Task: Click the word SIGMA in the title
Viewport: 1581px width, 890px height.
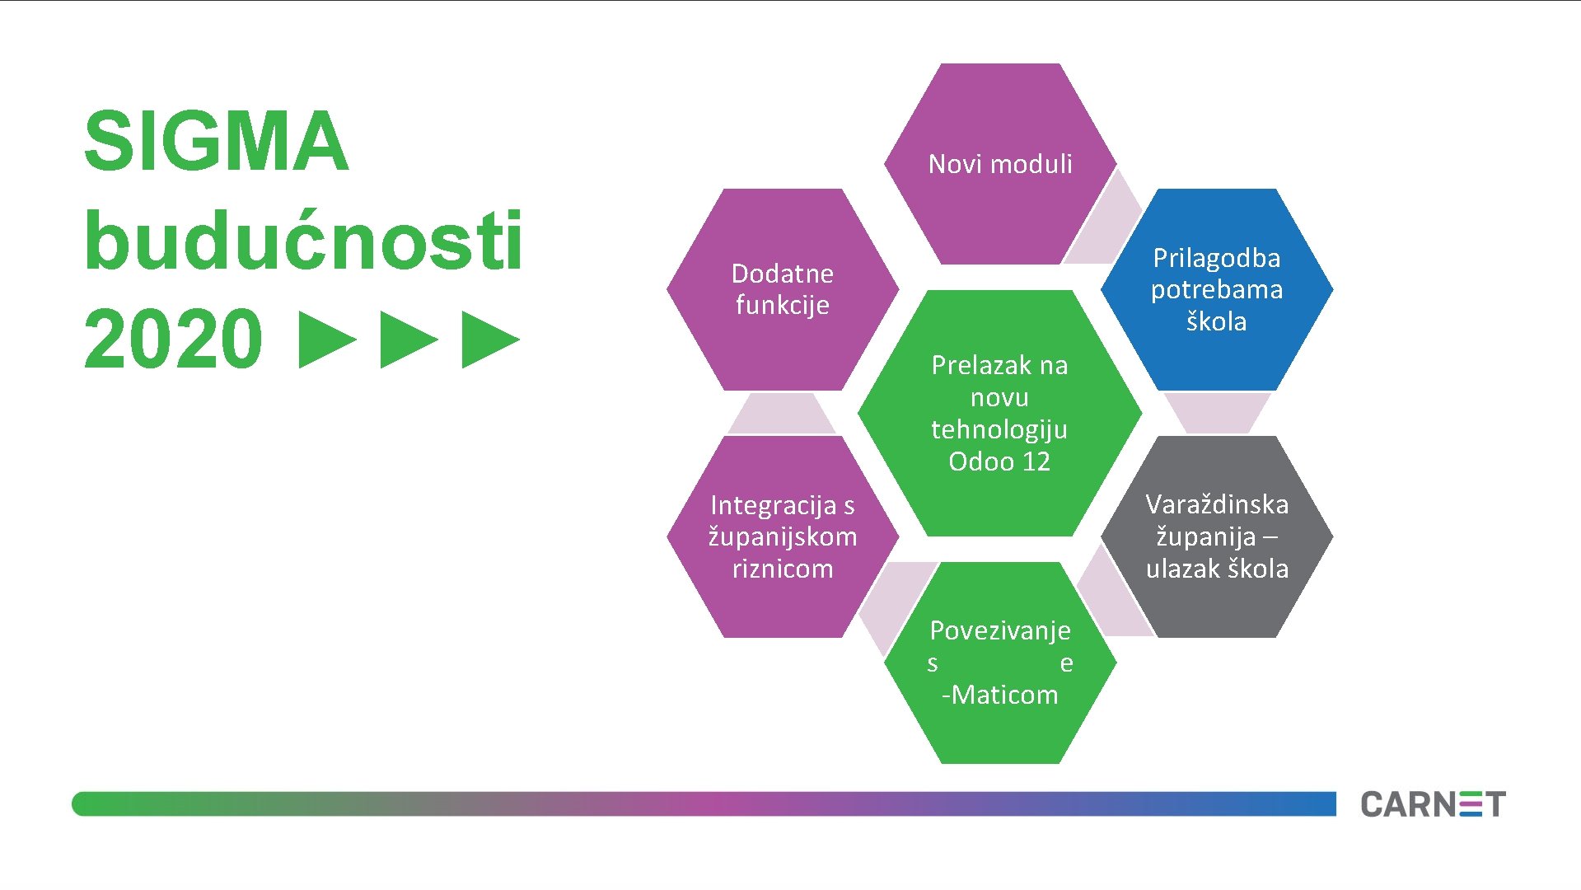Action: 216,142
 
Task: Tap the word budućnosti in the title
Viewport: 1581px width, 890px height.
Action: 303,241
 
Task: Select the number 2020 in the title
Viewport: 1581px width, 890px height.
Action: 173,339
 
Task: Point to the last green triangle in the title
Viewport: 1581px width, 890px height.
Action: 490,340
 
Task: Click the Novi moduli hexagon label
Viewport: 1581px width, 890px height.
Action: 1000,164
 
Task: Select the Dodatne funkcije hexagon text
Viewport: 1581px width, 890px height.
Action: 782,289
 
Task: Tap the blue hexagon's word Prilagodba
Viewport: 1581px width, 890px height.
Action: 1216,258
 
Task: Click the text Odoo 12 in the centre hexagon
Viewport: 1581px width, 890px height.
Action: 999,461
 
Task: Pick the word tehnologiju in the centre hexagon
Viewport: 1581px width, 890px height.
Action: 999,429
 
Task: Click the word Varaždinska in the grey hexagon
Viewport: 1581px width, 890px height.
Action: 1217,504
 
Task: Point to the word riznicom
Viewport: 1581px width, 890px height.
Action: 783,569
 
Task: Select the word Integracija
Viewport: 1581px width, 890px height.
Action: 773,505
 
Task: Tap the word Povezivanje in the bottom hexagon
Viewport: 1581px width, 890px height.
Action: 1000,630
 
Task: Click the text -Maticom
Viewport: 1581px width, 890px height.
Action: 1000,695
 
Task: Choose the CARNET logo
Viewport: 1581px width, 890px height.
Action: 1433,804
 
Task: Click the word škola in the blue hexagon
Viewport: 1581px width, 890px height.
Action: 1216,321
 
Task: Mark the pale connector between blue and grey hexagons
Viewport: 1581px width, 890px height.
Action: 1217,412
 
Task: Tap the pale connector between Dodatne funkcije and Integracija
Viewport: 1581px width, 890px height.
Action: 781,414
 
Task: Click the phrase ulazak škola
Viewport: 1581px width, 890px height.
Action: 1217,569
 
